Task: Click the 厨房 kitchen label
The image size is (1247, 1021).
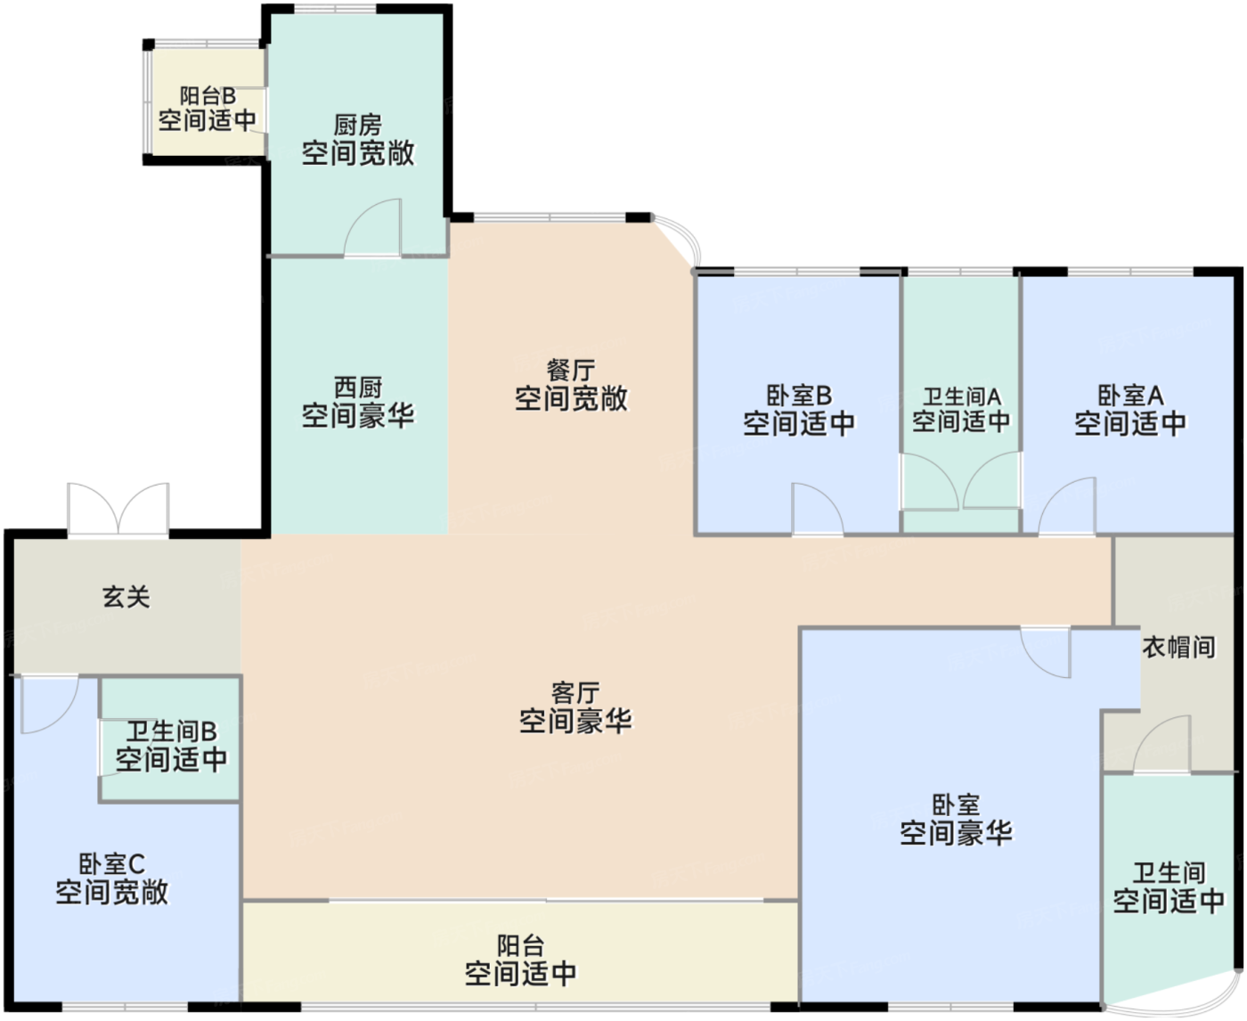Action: tap(358, 126)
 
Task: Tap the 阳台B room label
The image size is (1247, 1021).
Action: tap(208, 96)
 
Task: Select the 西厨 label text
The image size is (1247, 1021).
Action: tap(358, 388)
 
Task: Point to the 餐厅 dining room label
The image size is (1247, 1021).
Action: tap(571, 371)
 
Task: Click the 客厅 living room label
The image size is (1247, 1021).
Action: tap(575, 693)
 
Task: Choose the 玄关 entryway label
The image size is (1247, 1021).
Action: tap(126, 597)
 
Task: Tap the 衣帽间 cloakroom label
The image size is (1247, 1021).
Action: tap(1178, 648)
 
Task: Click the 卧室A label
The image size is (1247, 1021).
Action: tap(1130, 396)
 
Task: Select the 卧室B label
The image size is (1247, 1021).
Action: tap(799, 396)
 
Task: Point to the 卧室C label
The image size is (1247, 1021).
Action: tap(111, 865)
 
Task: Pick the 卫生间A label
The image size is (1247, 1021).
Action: tap(962, 397)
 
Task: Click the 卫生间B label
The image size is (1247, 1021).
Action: tap(172, 732)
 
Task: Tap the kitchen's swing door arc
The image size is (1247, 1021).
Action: tap(372, 228)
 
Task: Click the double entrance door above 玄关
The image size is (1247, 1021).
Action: tap(118, 510)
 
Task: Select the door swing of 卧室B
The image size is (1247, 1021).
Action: tap(818, 510)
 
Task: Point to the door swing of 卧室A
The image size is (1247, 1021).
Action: tap(1067, 506)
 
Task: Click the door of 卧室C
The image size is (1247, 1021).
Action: tap(50, 705)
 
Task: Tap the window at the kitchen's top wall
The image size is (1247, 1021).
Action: tap(335, 9)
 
